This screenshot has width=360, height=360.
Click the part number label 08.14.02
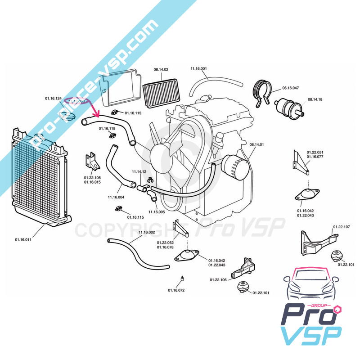pos(161,70)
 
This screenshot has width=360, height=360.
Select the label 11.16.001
pos(198,68)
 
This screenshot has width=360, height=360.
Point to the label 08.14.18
pos(315,99)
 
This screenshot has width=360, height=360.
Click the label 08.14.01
pos(256,144)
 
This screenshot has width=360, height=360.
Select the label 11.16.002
pos(146,232)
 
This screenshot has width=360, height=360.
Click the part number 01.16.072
pos(176,290)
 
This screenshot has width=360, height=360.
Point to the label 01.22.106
pos(218,280)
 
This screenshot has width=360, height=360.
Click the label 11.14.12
pos(139,172)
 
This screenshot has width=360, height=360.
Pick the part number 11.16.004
pos(116,197)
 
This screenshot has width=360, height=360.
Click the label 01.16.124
pos(53,98)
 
